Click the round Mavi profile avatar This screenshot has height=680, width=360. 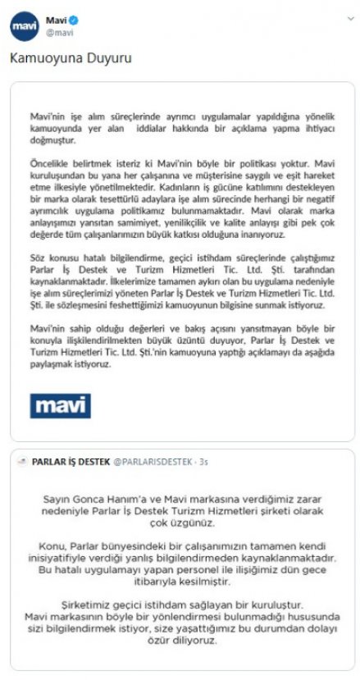(25, 25)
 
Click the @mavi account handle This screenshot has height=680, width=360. (58, 33)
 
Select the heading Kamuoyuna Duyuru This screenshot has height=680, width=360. (70, 60)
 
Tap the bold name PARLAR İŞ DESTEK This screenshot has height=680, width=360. (70, 462)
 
